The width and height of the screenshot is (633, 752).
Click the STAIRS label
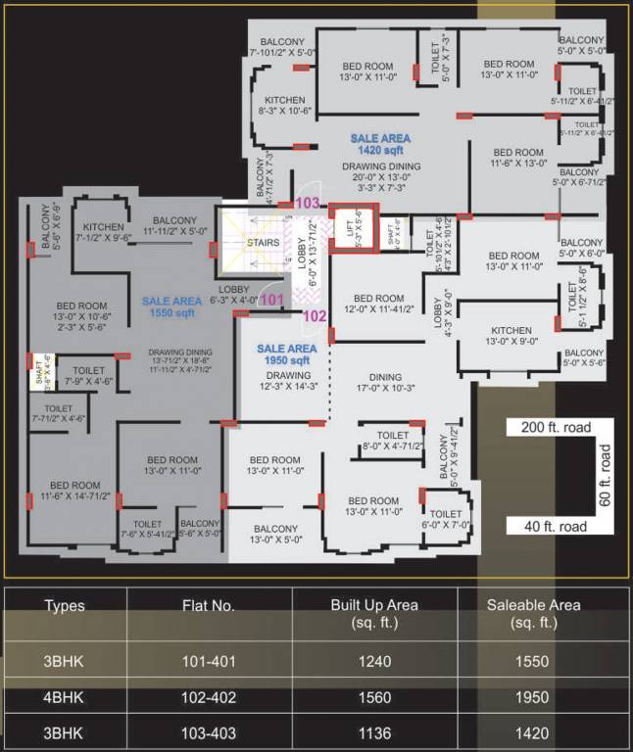(x=264, y=242)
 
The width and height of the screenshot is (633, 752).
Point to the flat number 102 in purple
(x=315, y=316)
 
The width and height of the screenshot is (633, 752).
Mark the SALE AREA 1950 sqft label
(x=287, y=354)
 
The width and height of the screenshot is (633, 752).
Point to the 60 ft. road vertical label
(x=604, y=477)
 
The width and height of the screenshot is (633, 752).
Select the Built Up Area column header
(x=374, y=614)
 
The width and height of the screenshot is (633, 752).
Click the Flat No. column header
(x=208, y=606)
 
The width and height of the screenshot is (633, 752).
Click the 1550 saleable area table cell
(x=534, y=661)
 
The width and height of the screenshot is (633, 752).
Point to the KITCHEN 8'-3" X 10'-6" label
(x=284, y=106)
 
